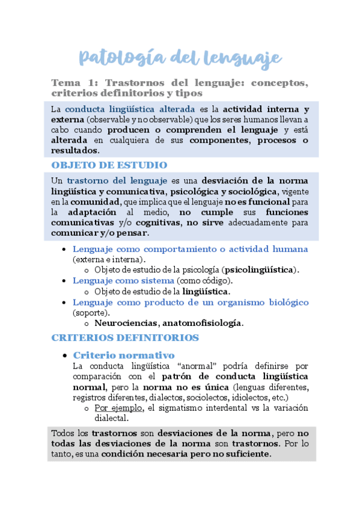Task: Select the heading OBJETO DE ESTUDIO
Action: (109, 165)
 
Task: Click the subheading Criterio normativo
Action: (123, 355)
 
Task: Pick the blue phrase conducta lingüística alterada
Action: (130, 109)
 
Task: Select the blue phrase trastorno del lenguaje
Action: (117, 180)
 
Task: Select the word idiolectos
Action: (244, 398)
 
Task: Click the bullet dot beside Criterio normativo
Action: (65, 355)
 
